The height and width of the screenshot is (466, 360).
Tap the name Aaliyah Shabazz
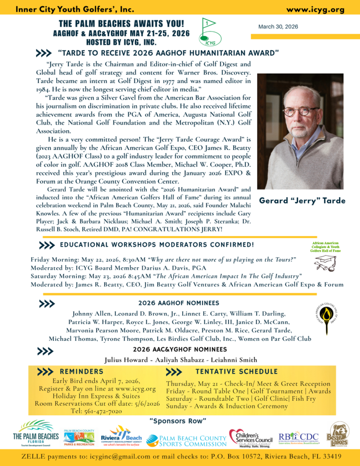(180, 360)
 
